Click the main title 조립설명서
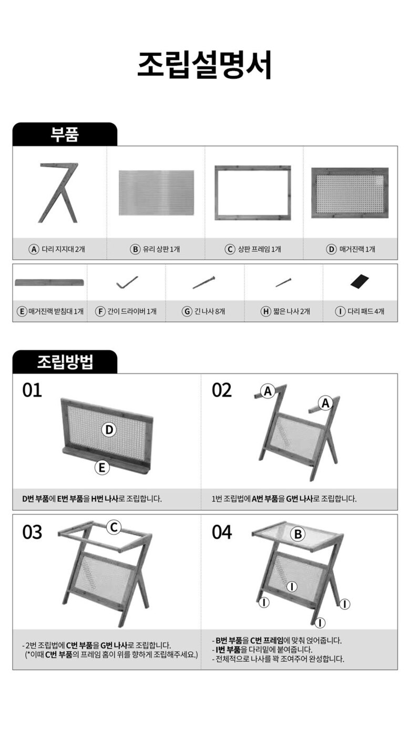pos(204,65)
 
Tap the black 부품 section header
pos(65,134)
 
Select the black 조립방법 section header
pos(65,361)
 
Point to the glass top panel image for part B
pos(157,193)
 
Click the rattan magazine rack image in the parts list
pos(350,193)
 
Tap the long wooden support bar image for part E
pos(49,282)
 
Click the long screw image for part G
pos(204,282)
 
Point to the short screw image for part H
pos(283,282)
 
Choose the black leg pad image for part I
pos(360,281)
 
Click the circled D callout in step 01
pos(109,430)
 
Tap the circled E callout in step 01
pos(102,468)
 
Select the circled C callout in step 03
pos(114,527)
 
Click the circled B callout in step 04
pos(298,534)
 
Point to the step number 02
pos(222,390)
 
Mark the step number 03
pos(32,532)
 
